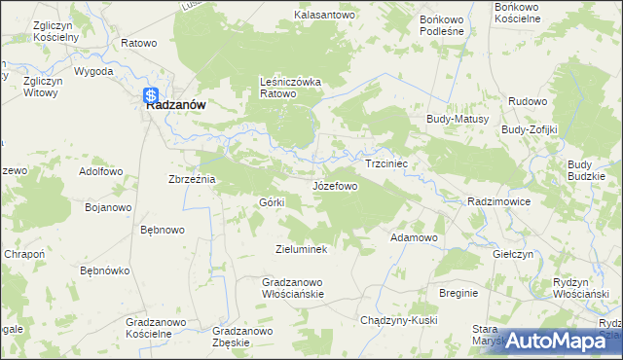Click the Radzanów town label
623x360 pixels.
pyautogui.click(x=175, y=108)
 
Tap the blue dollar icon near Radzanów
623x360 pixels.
pyautogui.click(x=151, y=95)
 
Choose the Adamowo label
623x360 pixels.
pyautogui.click(x=414, y=237)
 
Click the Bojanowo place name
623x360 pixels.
pyautogui.click(x=108, y=207)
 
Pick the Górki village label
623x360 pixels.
pyautogui.click(x=271, y=201)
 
